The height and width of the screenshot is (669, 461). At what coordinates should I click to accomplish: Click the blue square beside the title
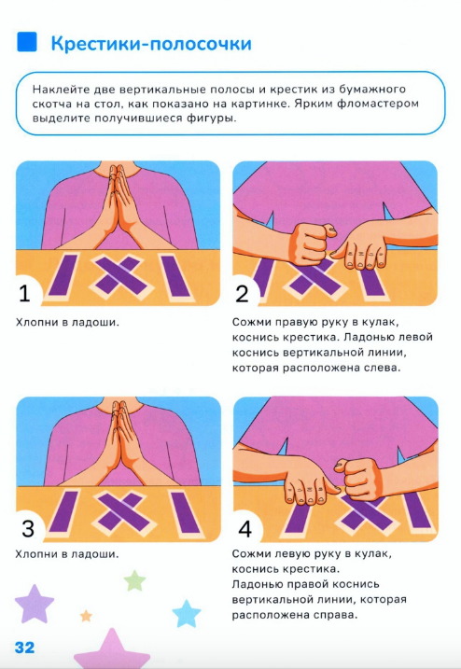pyautogui.click(x=26, y=42)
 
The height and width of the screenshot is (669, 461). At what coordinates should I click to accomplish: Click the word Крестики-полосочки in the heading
pyautogui.click(x=151, y=44)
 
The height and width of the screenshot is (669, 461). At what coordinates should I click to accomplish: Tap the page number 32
pyautogui.click(x=24, y=648)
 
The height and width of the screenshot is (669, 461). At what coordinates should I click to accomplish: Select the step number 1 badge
pyautogui.click(x=25, y=293)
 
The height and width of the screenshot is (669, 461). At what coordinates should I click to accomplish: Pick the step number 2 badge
pyautogui.click(x=242, y=294)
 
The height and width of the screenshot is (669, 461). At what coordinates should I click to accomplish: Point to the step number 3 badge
pyautogui.click(x=28, y=529)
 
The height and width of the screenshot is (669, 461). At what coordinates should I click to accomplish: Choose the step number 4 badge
pyautogui.click(x=245, y=529)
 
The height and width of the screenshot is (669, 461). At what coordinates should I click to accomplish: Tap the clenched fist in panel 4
pyautogui.click(x=358, y=478)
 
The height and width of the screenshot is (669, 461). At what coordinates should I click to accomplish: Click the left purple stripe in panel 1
pyautogui.click(x=63, y=275)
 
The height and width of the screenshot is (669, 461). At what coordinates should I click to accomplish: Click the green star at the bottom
pyautogui.click(x=135, y=580)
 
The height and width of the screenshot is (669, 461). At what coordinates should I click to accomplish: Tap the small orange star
pyautogui.click(x=86, y=616)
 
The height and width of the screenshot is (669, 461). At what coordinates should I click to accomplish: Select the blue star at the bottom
pyautogui.click(x=186, y=614)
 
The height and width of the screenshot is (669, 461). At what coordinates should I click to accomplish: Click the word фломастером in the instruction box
pyautogui.click(x=378, y=104)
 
